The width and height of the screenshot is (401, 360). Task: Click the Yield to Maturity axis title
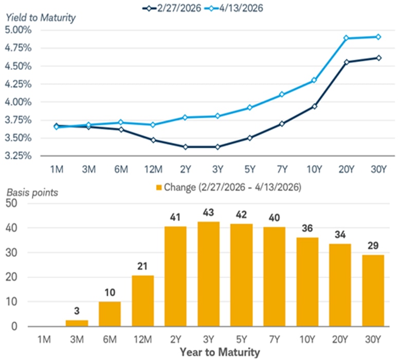tap(41, 18)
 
